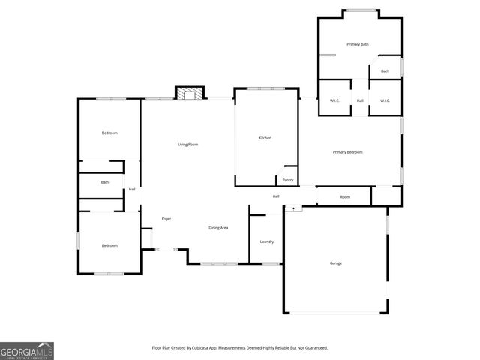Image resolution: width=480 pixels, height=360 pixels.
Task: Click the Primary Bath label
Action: point(358,44)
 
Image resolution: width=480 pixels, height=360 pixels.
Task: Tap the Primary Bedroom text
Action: point(347,152)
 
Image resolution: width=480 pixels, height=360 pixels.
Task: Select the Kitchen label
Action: point(265,138)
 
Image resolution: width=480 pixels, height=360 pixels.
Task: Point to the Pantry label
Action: point(288,180)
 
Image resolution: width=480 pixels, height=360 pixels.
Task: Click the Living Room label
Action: point(187,144)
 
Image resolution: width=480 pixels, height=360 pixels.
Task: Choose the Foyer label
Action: point(166,219)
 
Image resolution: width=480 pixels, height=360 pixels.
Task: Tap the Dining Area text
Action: point(218,227)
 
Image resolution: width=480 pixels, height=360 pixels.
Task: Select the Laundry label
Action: point(266,241)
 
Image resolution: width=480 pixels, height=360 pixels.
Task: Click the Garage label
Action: point(336,262)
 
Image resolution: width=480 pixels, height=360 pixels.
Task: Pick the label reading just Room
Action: point(345,197)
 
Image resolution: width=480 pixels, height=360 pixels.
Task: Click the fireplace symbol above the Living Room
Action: point(189,93)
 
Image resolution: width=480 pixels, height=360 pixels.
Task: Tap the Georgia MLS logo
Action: point(27,351)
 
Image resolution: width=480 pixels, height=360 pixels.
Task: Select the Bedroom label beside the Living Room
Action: point(109,133)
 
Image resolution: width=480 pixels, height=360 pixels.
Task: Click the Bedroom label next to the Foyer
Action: point(109,245)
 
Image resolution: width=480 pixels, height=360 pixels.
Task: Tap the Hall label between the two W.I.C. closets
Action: point(360,100)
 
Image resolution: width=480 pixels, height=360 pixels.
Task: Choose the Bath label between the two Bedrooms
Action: point(105,182)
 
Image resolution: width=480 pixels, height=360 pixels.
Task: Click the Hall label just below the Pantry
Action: point(276,196)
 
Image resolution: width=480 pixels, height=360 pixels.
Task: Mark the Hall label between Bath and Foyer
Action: point(132,189)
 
